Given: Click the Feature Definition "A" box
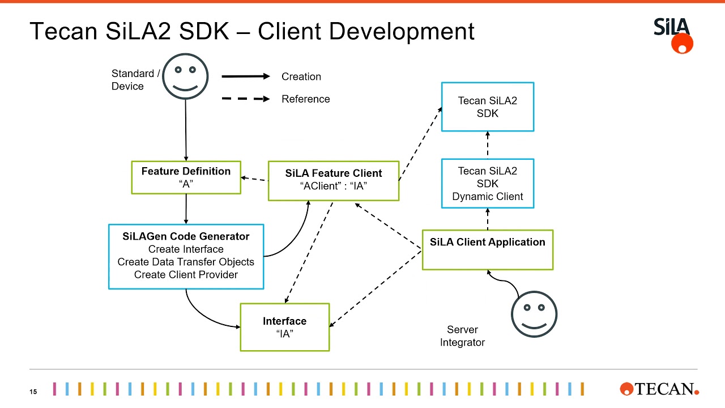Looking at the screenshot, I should coord(186,177).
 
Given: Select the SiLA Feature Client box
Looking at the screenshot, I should coord(333,180).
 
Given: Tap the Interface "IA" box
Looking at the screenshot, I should coord(284,327).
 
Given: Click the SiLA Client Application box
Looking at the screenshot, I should coord(487,249).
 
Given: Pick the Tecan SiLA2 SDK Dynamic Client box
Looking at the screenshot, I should coord(487,184).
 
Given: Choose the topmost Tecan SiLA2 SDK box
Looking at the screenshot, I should coord(487,107).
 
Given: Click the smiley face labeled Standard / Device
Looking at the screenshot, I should coord(185,76).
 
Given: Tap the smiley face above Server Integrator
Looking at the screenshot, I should coord(534,313).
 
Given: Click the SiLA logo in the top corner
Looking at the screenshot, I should coord(673,35).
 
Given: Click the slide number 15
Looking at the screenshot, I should coord(33,392).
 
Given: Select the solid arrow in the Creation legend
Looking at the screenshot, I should coord(245,76).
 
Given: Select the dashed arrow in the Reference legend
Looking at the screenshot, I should coord(245,99).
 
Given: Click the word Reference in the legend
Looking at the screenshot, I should coord(305,99).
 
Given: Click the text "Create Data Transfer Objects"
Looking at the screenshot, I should coord(186,262).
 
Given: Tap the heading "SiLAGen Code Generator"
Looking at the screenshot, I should coord(186,236).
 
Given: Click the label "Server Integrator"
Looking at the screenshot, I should coord(462,336).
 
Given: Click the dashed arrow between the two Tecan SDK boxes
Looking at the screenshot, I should coord(487,145).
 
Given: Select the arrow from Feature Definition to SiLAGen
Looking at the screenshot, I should coord(186,209).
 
